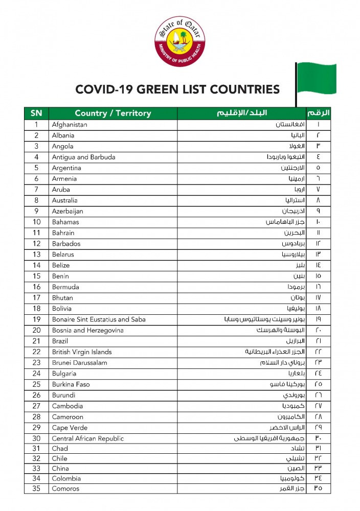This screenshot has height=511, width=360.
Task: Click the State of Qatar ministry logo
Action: pos(179,41)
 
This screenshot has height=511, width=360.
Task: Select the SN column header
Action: pos(36,113)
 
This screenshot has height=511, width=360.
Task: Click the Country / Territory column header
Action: pos(113,113)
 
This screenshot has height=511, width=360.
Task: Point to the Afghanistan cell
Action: pos(70,125)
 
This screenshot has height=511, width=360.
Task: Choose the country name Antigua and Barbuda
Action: pos(83,157)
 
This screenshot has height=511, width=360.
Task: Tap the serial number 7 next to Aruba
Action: pos(36,190)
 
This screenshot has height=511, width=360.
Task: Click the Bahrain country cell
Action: pos(63,233)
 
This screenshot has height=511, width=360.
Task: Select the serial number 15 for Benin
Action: pos(36,276)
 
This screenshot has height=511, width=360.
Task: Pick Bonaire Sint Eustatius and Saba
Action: pos(99,319)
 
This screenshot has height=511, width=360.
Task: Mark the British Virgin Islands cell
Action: pos(82,352)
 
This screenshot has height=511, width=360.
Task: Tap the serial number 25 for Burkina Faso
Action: pos(36,384)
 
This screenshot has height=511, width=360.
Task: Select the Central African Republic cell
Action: pos(88,438)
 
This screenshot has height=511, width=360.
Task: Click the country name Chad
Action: pos(60,449)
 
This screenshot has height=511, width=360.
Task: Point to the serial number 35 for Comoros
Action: pos(36,489)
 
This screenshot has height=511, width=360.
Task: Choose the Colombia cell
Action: pos(66,479)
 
